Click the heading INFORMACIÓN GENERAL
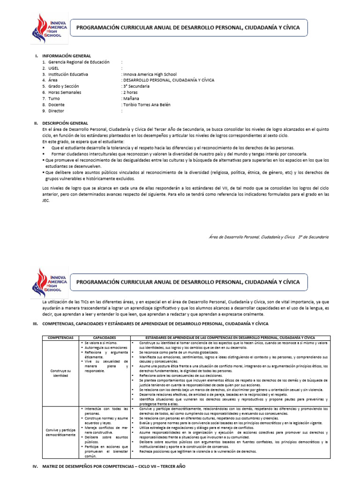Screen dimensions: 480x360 pyautogui.click(x=67, y=56)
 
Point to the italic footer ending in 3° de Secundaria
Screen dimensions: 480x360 pyautogui.click(x=269, y=237)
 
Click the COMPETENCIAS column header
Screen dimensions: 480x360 pyautogui.click(x=60, y=337)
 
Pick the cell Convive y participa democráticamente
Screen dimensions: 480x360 pyautogui.click(x=60, y=432)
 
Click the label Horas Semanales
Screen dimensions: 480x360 pyautogui.click(x=65, y=92)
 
